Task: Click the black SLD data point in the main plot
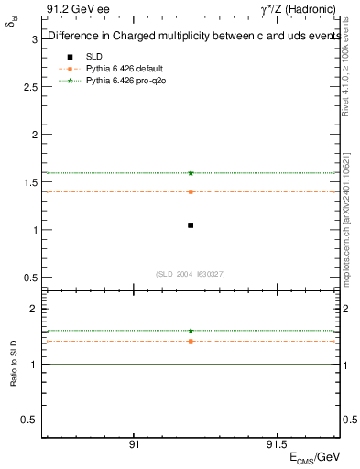click(x=191, y=224)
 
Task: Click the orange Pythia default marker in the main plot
click(x=191, y=191)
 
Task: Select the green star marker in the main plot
click(x=191, y=172)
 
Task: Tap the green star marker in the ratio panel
click(x=191, y=330)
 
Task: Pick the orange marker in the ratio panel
click(x=191, y=341)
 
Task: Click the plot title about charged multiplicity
click(x=191, y=37)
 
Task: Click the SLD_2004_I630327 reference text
click(x=191, y=274)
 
